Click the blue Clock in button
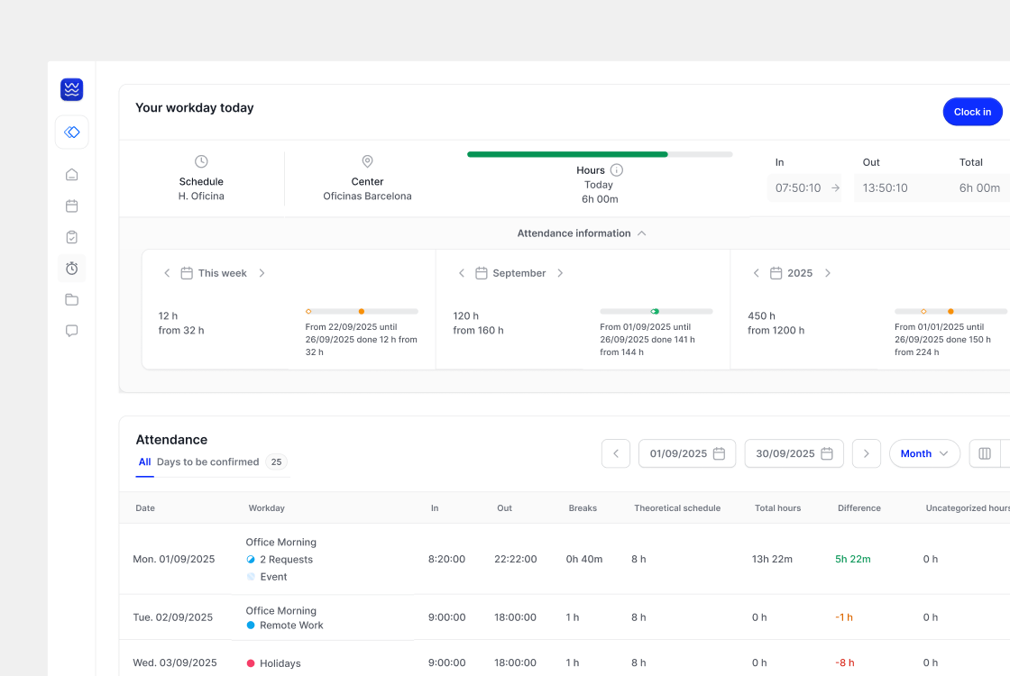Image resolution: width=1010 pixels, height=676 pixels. click(x=972, y=112)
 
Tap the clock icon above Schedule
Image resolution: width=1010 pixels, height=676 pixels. click(x=201, y=161)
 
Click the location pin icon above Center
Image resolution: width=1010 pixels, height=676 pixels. click(x=367, y=161)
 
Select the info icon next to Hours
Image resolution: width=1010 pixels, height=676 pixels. click(x=617, y=170)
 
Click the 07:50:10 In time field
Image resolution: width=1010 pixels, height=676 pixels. click(x=803, y=188)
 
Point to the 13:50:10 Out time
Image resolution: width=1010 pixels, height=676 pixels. click(x=885, y=188)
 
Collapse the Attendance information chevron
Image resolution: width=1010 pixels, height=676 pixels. click(x=641, y=233)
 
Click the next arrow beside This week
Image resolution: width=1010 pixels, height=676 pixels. click(x=262, y=273)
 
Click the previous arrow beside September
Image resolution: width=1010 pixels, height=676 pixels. click(x=461, y=273)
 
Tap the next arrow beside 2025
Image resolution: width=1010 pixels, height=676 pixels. click(x=828, y=273)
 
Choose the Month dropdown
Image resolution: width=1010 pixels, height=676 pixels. click(x=924, y=454)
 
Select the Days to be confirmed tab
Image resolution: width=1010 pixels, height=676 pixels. click(x=208, y=462)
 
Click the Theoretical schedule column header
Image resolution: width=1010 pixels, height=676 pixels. click(x=677, y=508)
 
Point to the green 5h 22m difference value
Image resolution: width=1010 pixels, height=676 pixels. click(x=853, y=559)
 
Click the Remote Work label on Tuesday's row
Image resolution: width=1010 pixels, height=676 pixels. click(x=291, y=626)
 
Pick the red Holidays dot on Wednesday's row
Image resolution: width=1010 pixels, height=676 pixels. click(x=251, y=663)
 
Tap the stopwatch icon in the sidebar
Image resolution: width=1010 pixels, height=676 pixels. click(x=71, y=269)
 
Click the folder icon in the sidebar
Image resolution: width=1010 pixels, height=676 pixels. click(x=71, y=299)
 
